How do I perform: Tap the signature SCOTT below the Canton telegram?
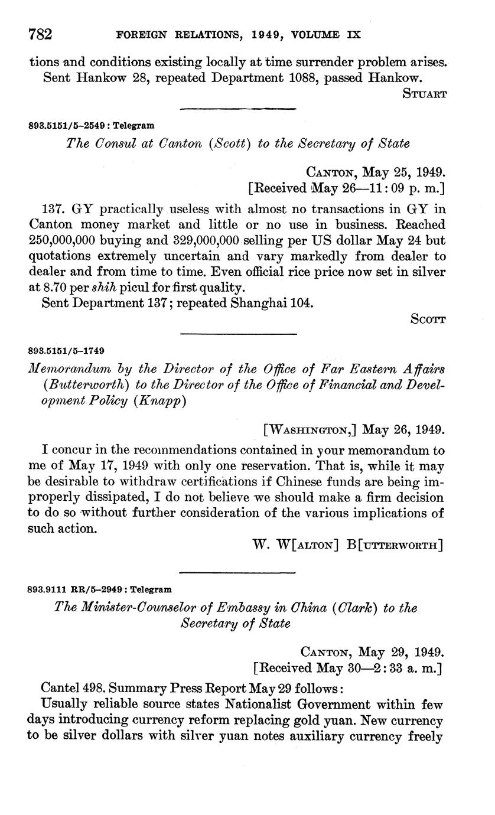pyautogui.click(x=427, y=319)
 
